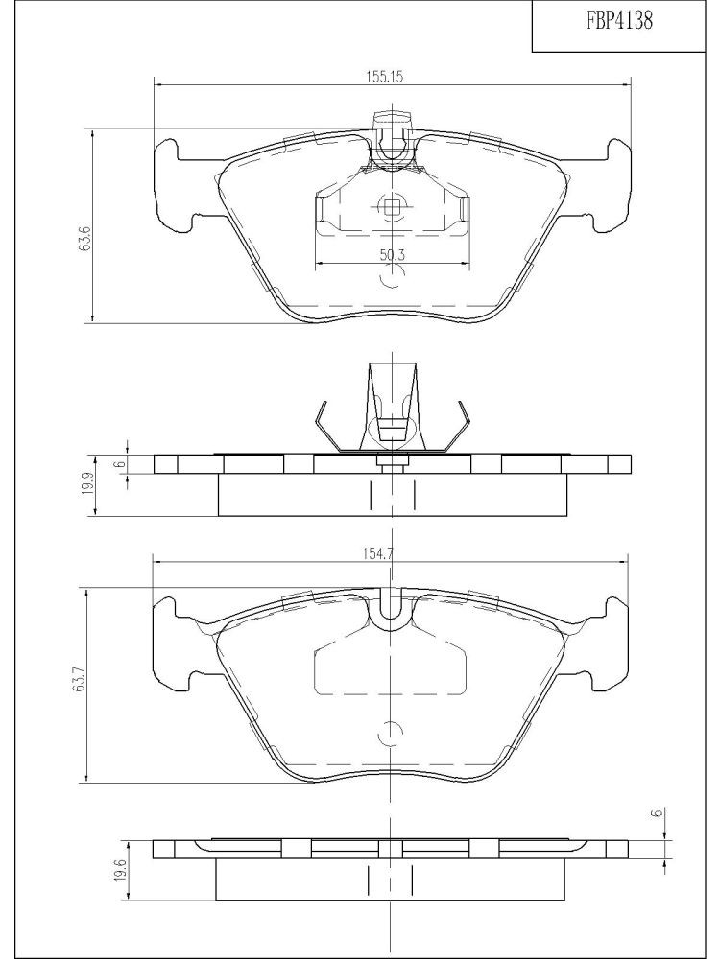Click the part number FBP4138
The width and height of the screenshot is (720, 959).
[619, 21]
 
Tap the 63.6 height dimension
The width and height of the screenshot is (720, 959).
[85, 237]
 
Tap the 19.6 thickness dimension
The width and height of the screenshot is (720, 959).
[121, 870]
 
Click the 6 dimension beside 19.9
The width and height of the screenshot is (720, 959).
[120, 463]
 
